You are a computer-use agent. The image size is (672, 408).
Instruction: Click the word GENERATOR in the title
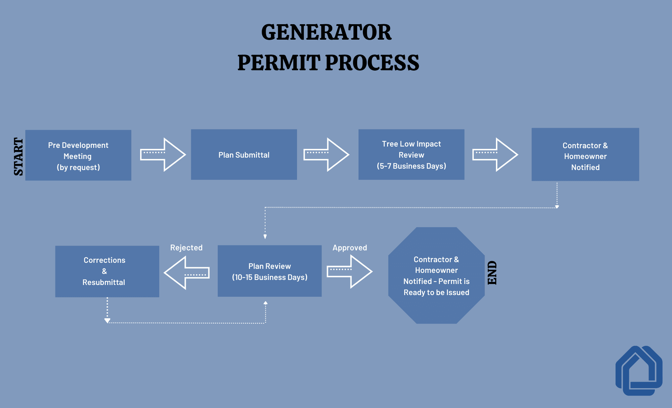[326, 32]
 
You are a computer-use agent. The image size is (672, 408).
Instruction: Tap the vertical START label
[18, 156]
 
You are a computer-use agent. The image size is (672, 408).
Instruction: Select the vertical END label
[492, 273]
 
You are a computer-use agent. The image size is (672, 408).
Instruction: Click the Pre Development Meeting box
[78, 155]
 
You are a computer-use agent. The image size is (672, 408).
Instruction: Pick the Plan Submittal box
[244, 155]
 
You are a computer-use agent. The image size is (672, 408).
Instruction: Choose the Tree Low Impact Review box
[411, 155]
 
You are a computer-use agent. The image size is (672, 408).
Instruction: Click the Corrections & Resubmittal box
[107, 271]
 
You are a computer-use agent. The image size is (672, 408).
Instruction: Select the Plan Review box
[269, 271]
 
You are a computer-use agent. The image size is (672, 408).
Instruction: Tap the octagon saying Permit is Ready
[436, 276]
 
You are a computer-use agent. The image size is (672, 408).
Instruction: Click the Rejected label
[186, 248]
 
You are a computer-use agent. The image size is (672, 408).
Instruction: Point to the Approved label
[350, 248]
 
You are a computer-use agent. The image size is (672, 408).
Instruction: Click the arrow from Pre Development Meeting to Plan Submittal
[163, 155]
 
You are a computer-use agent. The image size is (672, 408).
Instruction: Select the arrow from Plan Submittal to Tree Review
[326, 155]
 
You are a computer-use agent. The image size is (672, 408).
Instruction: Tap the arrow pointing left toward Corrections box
[187, 273]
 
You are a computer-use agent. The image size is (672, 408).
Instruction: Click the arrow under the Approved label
[350, 272]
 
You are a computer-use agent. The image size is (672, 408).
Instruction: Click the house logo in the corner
[639, 371]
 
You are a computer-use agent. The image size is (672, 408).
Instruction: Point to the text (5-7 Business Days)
[411, 166]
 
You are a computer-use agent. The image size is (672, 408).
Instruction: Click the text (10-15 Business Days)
[269, 277]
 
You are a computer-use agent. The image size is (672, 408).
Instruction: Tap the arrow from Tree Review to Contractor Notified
[495, 155]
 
